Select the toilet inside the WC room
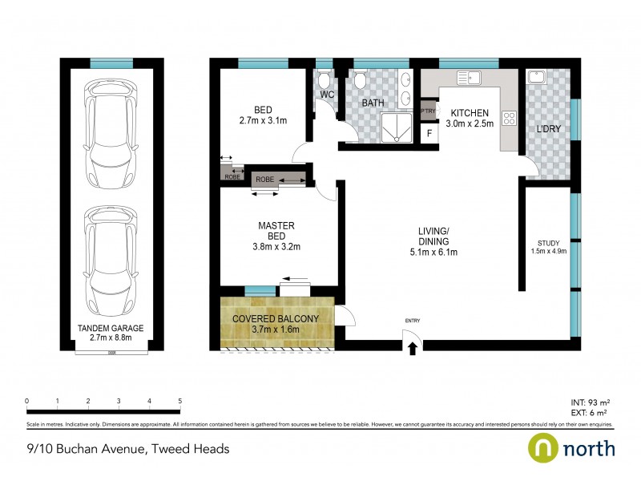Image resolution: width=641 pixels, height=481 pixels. tap(323, 80)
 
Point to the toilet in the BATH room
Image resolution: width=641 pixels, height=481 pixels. tap(360, 80)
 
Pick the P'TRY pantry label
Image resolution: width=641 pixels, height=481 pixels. tap(428, 111)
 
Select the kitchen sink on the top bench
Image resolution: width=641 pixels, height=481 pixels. tap(467, 78)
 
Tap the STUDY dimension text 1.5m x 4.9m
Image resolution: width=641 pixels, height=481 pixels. tap(549, 251)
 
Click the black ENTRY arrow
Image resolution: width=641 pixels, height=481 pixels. tap(413, 347)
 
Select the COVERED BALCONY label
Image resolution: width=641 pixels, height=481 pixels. tap(276, 318)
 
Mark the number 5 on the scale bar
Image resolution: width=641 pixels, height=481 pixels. tap(180, 401)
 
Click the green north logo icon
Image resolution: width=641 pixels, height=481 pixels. tap(541, 447)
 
